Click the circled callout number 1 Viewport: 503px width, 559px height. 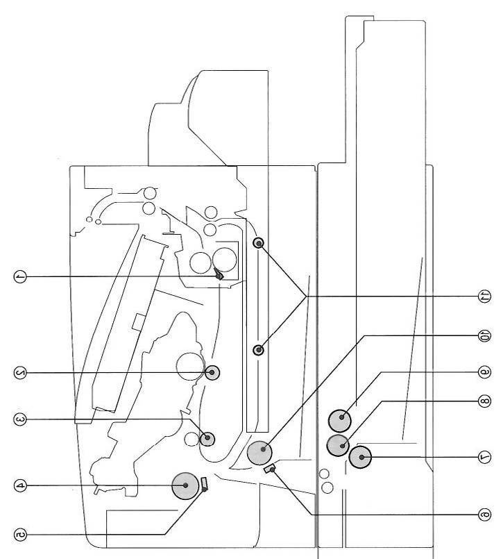(20, 276)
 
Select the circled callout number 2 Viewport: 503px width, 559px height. (20, 373)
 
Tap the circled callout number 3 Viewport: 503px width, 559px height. (20, 419)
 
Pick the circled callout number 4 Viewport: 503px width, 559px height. (20, 485)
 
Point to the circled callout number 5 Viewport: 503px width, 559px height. (20, 535)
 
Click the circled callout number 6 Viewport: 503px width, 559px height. (484, 515)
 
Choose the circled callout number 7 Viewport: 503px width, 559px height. (484, 457)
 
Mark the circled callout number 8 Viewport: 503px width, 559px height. (484, 401)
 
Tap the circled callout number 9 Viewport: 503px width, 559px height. (484, 372)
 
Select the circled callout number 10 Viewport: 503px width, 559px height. (484, 335)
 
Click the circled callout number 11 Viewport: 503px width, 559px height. (484, 297)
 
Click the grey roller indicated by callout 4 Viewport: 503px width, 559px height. (185, 485)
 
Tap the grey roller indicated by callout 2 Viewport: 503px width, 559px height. (212, 373)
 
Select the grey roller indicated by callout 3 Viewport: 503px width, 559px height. (207, 438)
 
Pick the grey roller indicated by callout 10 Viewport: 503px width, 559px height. (259, 452)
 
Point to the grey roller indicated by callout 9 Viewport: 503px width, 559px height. (340, 421)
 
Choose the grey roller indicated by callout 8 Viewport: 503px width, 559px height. (338, 445)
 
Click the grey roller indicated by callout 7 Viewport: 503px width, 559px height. (360, 457)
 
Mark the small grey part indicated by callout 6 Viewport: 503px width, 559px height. (270, 469)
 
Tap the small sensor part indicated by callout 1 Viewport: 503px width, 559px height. (219, 276)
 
